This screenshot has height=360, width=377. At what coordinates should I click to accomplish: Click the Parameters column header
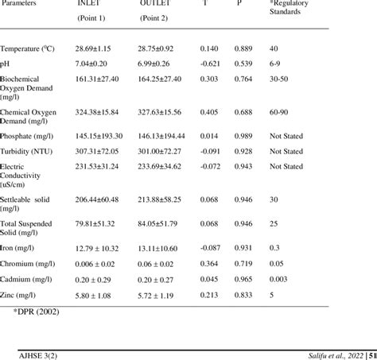pos(21,3)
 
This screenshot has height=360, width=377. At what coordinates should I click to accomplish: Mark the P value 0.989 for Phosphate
pos(244,136)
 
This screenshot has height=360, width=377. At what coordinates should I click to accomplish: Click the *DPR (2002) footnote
pos(37,311)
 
